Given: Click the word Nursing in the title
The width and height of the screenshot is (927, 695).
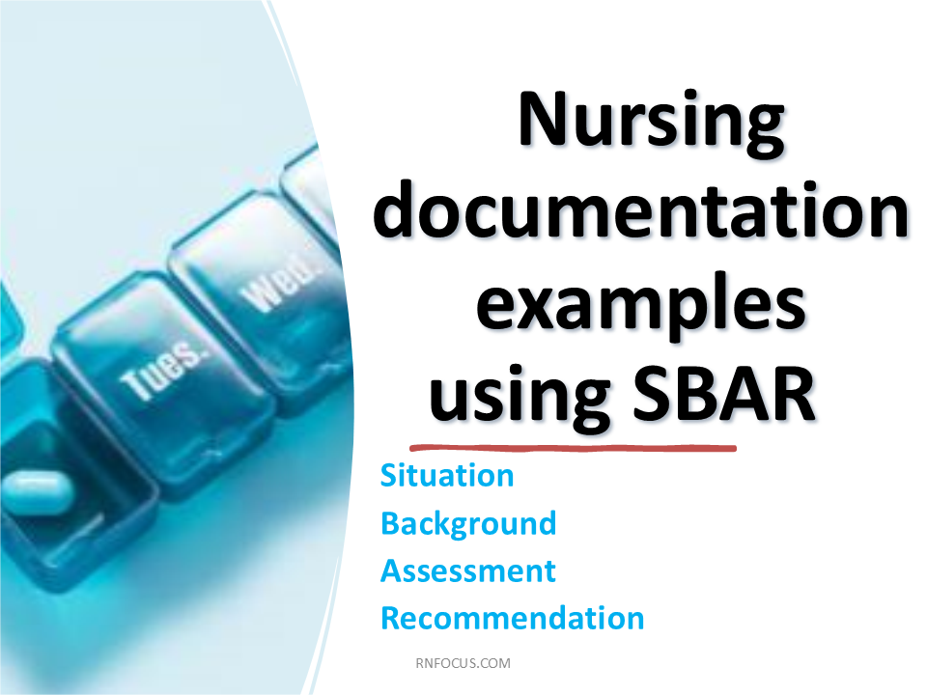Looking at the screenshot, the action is click(652, 123).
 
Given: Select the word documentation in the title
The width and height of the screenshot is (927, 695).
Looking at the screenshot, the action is click(640, 208).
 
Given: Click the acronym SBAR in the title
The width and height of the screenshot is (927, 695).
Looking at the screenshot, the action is click(723, 393).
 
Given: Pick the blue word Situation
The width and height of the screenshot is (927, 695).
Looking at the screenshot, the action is click(447, 475).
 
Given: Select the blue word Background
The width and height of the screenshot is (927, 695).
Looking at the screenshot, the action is click(468, 524).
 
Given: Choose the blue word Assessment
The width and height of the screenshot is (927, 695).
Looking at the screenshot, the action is click(468, 570).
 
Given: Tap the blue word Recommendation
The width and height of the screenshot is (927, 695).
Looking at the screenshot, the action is click(512, 618).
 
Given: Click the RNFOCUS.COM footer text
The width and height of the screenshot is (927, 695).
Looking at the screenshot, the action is click(463, 663).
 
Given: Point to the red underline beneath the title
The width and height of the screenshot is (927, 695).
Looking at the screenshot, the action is click(573, 448).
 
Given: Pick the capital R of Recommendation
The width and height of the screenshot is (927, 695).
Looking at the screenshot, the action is click(391, 618).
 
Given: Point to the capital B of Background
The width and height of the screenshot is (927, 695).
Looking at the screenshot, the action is click(391, 523).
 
